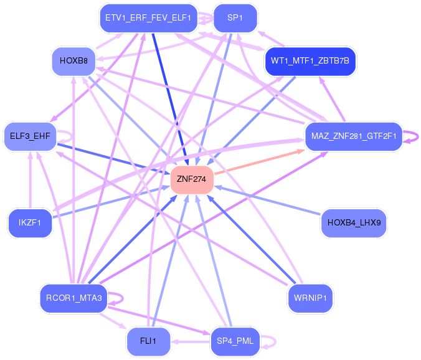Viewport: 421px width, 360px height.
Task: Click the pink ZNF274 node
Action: pyautogui.click(x=192, y=179)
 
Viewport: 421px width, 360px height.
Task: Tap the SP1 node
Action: pyautogui.click(x=235, y=18)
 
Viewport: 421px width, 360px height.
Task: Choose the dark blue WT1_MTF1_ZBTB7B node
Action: pyautogui.click(x=310, y=61)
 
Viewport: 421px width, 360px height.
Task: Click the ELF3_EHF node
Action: pyautogui.click(x=30, y=136)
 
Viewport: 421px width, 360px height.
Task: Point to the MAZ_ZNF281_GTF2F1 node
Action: pyautogui.click(x=352, y=136)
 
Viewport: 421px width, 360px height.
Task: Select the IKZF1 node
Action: pyautogui.click(x=30, y=223)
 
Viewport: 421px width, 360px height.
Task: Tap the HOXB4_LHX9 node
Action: pyautogui.click(x=353, y=223)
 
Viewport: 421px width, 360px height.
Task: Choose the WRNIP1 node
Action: pyautogui.click(x=311, y=298)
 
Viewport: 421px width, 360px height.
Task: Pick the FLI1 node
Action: pyautogui.click(x=148, y=341)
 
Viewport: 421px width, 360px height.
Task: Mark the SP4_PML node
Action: pyautogui.click(x=235, y=341)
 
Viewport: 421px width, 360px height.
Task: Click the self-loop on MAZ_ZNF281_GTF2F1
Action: pyautogui.click(x=412, y=136)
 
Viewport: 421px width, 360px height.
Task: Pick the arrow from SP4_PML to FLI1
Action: pyautogui.click(x=191, y=341)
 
